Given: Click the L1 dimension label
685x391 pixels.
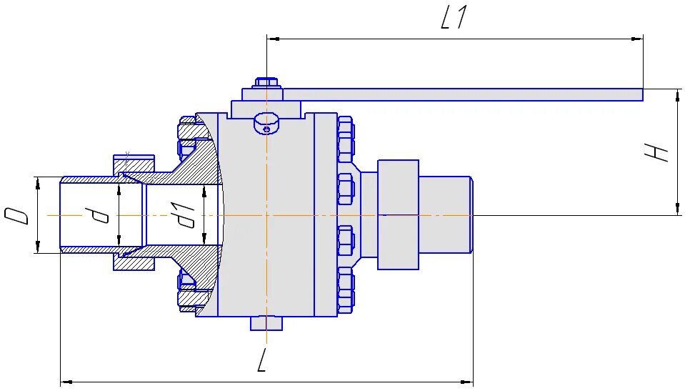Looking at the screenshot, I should point(454,19).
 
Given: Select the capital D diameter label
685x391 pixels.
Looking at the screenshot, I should point(18,215).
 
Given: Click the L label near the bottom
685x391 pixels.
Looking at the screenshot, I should point(262,363).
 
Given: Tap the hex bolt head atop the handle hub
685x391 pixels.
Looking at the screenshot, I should point(266,82).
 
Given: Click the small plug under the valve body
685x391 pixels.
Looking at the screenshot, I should point(266,323).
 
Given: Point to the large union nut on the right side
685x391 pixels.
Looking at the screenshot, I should point(398,214).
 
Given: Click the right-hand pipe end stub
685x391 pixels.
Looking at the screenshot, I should point(445,214).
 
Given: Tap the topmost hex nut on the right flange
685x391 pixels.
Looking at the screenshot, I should point(345,132).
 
